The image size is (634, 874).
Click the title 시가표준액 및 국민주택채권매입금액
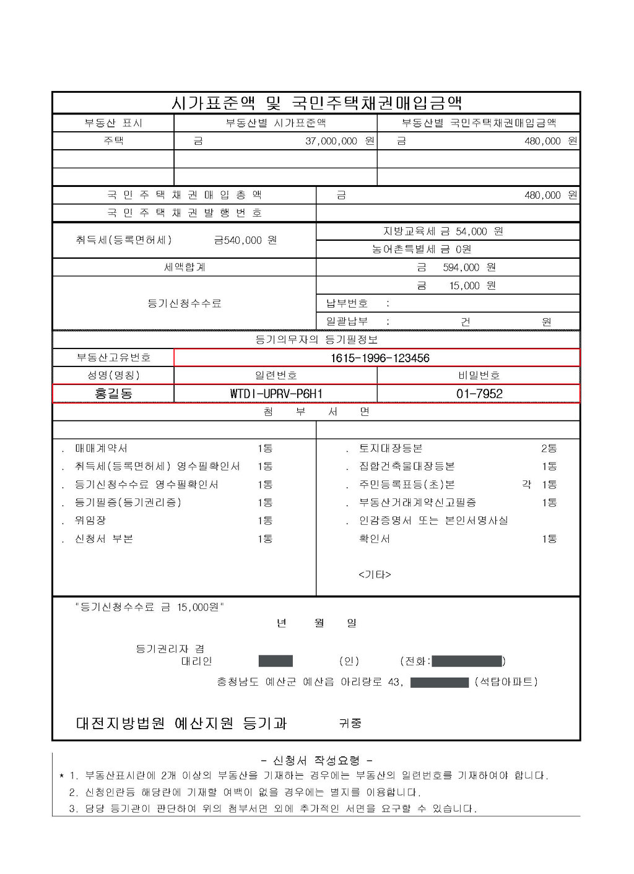pos(316,102)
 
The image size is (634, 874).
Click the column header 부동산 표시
pos(113,123)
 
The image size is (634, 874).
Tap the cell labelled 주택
pos(113,141)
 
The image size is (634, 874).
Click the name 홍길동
pos(113,394)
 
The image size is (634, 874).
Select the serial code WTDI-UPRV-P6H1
pos(276,394)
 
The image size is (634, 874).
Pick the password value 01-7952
pos(479,394)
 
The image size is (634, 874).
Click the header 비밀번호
pos(479,375)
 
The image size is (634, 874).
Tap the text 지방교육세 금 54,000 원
pos(443,231)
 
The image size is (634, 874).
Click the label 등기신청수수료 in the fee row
pos(185,303)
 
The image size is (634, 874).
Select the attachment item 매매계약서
pos(101,448)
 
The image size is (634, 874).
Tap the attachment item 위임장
pos(90,521)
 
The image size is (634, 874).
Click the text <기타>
pos(375,574)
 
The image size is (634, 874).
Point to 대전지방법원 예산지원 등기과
pos(181,723)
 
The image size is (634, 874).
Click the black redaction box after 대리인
pos(276,661)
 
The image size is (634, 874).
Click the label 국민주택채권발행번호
pos(185,213)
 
